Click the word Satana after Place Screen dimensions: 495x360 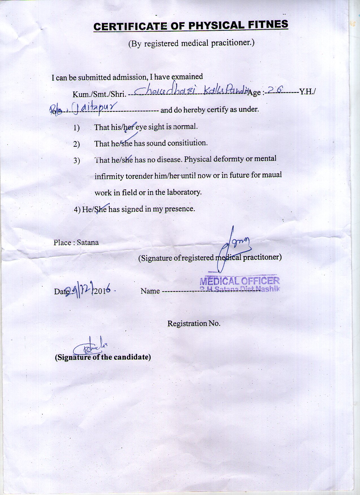88,242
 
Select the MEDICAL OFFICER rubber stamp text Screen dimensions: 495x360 240,281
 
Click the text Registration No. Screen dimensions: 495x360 194,323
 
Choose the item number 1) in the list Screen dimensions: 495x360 77,128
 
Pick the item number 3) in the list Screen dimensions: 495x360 77,161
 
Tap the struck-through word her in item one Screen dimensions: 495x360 129,127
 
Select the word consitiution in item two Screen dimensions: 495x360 187,143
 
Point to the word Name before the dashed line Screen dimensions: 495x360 150,291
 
